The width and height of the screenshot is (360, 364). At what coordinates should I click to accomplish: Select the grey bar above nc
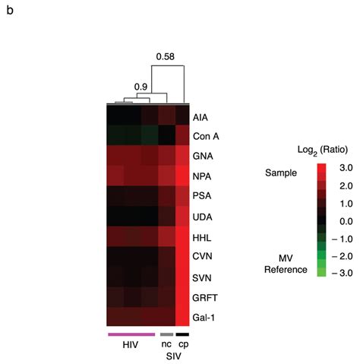[x=166, y=334]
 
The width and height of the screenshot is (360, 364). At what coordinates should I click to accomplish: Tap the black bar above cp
[x=182, y=334]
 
